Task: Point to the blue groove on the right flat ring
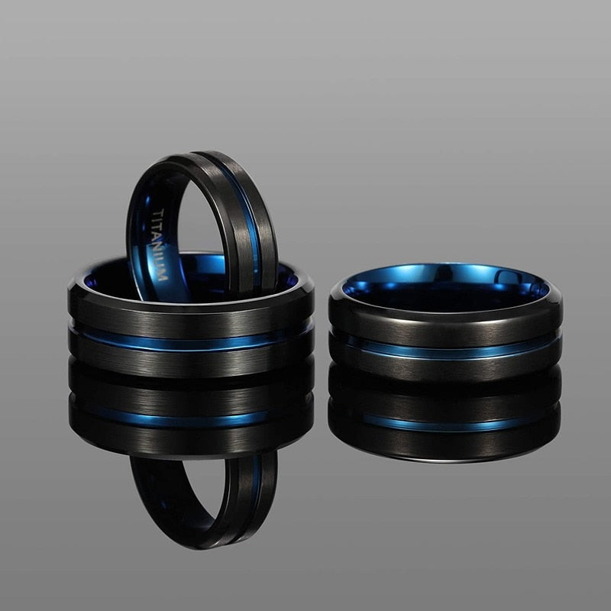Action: pyautogui.click(x=447, y=348)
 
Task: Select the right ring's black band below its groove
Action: pyautogui.click(x=447, y=367)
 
